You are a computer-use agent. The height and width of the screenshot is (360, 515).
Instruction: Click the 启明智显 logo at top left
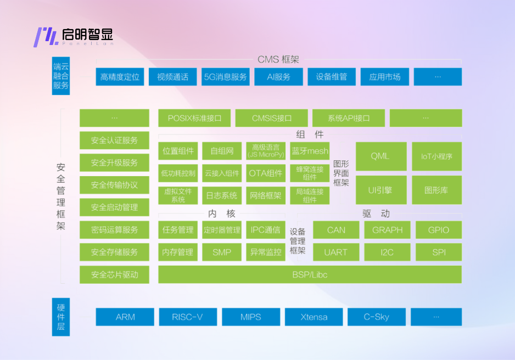(74, 36)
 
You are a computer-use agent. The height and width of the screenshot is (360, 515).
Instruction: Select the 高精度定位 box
(120, 77)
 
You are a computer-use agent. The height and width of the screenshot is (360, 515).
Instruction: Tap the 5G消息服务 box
(225, 77)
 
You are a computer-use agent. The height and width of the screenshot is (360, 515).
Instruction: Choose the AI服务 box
(278, 77)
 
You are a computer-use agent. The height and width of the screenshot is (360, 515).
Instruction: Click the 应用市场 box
(384, 77)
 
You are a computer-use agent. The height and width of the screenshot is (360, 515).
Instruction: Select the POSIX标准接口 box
(194, 118)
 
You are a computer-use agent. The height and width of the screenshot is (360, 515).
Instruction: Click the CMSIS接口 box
(271, 118)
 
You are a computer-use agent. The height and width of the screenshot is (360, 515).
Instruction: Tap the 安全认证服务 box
(114, 140)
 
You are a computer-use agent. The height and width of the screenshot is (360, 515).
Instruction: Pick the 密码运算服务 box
(114, 230)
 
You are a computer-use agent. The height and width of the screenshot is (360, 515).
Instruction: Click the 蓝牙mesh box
(310, 151)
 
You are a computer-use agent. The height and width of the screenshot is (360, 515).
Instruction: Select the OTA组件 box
(266, 173)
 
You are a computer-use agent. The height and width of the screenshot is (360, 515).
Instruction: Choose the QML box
(380, 156)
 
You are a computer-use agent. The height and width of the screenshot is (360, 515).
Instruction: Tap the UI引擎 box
(380, 190)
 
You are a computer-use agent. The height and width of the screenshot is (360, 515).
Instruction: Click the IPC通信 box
(266, 230)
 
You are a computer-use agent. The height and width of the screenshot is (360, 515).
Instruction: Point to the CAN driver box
(335, 230)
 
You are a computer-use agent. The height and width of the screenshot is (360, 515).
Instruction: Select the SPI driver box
(438, 252)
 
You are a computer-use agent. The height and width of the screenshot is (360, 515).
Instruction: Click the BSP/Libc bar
(310, 274)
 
